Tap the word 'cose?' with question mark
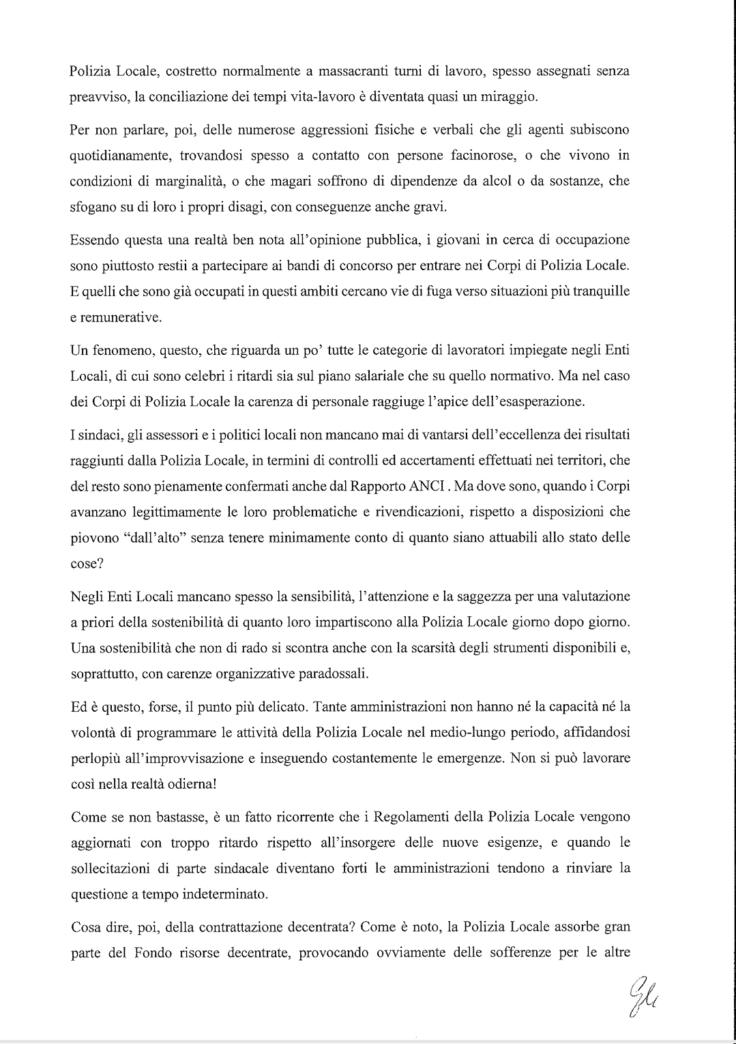click(86, 564)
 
